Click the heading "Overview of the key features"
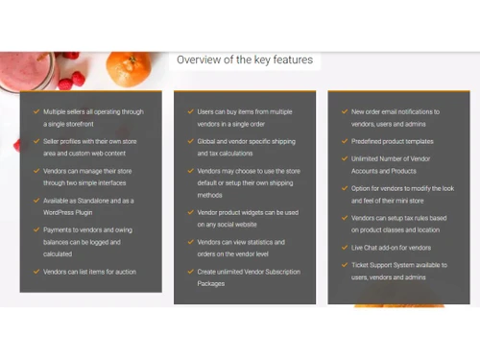(244, 60)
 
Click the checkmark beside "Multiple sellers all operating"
(36, 112)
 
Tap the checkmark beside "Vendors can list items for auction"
(36, 272)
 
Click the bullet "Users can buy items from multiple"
(238, 112)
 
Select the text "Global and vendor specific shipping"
(240, 142)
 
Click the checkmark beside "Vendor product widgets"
(189, 212)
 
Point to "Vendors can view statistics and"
(235, 242)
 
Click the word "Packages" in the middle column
(211, 283)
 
